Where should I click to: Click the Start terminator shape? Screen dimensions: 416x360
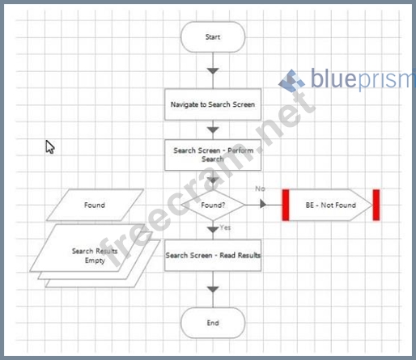click(x=213, y=37)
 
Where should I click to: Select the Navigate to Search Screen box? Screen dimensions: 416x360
click(x=213, y=104)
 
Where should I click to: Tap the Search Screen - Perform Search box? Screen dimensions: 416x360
click(x=213, y=155)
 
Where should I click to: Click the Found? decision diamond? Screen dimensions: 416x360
click(x=213, y=205)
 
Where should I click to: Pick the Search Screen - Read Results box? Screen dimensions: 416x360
click(x=213, y=255)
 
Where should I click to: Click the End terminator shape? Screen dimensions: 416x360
click(x=213, y=323)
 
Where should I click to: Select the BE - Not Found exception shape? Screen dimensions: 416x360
click(x=331, y=205)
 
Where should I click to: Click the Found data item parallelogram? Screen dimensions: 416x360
click(x=95, y=205)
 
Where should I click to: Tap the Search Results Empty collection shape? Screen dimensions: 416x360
click(x=95, y=256)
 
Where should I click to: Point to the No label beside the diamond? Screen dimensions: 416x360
click(x=260, y=188)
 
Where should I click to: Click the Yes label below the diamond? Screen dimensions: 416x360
click(x=225, y=227)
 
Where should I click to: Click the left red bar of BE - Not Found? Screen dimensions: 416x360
click(x=286, y=205)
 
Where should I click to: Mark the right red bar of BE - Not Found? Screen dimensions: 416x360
click(x=376, y=205)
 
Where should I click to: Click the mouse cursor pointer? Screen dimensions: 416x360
click(x=49, y=146)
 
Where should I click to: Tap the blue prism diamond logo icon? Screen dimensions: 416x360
click(x=292, y=81)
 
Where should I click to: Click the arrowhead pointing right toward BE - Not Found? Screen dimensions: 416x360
click(x=263, y=204)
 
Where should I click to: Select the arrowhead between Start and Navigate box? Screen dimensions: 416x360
click(x=213, y=71)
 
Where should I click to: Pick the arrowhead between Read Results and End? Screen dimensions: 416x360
click(x=213, y=290)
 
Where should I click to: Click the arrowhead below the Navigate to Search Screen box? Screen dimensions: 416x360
click(x=213, y=130)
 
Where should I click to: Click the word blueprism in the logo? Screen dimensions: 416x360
click(x=363, y=78)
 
